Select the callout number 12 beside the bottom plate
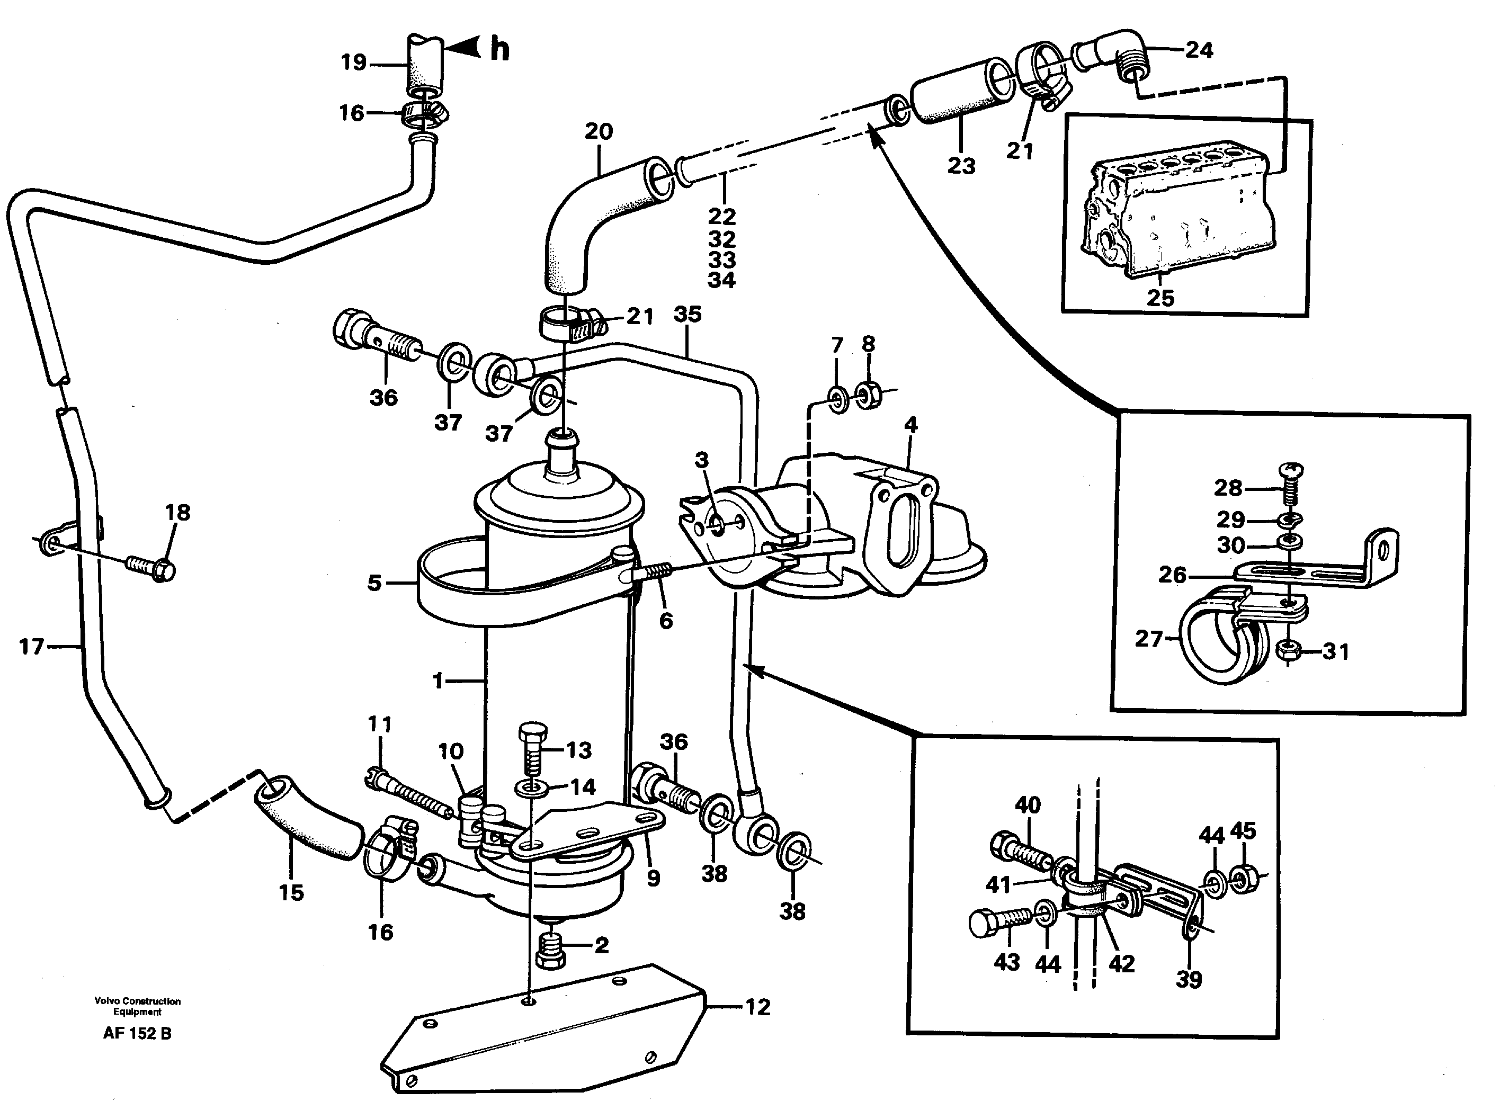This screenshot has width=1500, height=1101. [x=757, y=1007]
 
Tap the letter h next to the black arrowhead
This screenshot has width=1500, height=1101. [x=500, y=49]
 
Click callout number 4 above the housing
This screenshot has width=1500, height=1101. [x=910, y=425]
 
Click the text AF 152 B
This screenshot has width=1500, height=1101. [x=137, y=1034]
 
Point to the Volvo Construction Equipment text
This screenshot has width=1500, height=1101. [x=137, y=1006]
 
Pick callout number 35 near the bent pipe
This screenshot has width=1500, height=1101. [x=687, y=314]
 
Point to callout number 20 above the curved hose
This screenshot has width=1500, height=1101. [x=599, y=131]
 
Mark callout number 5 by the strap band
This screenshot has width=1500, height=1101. [x=374, y=583]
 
